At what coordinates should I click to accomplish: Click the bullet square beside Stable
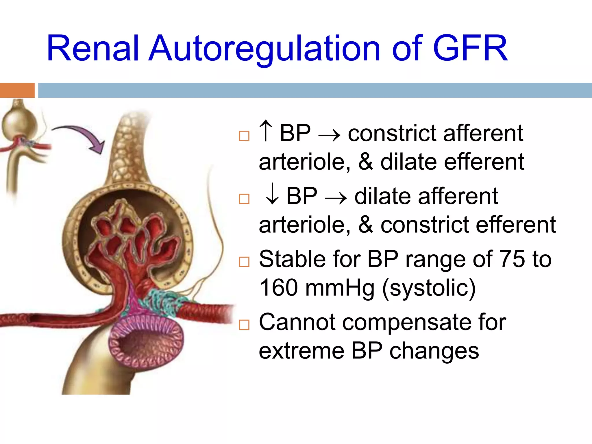pyautogui.click(x=244, y=262)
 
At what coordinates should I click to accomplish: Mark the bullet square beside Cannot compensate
pyautogui.click(x=244, y=325)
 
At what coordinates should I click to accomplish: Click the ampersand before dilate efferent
pyautogui.click(x=366, y=162)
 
